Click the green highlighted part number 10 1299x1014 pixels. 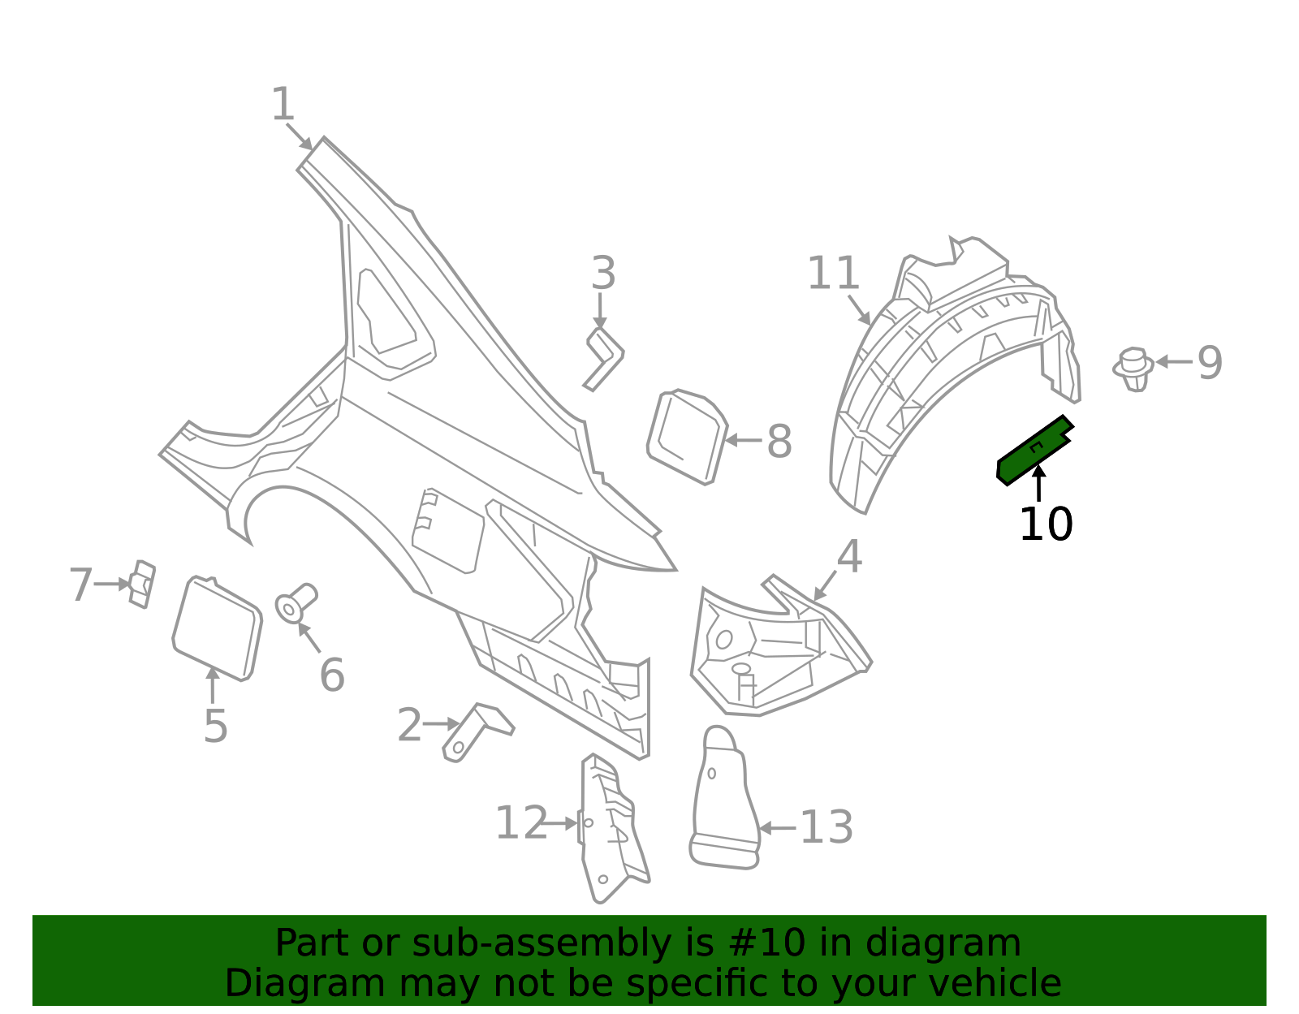coord(1033,451)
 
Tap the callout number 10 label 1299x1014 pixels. coord(1046,524)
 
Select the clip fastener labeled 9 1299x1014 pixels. coord(1133,369)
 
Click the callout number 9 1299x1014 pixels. coord(1210,363)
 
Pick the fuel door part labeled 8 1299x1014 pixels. coord(686,437)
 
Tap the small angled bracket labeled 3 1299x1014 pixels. coord(604,358)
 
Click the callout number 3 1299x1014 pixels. coord(603,274)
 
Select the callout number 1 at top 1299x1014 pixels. coord(283,106)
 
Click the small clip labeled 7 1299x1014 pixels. coord(143,584)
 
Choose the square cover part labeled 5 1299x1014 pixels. coord(217,628)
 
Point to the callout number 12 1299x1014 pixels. coord(521,823)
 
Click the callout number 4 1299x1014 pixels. coord(849,558)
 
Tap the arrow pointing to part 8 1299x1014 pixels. coord(742,441)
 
